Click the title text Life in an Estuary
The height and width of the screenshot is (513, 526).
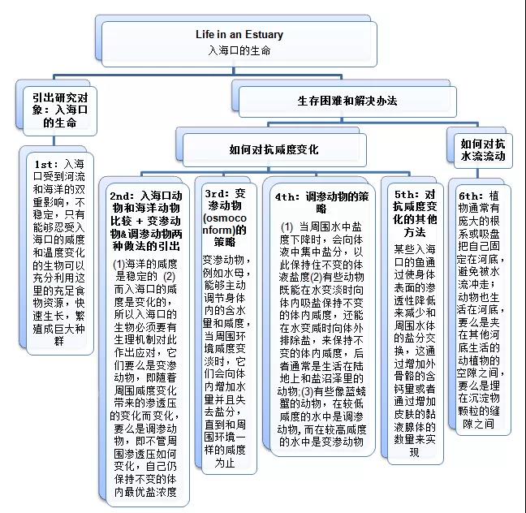pos(239,34)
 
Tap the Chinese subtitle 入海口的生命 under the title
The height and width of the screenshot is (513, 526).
pos(239,50)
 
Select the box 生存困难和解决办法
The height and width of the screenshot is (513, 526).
pos(347,101)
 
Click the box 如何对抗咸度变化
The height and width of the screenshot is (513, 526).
pos(274,149)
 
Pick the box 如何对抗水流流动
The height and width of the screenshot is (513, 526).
pos(483,150)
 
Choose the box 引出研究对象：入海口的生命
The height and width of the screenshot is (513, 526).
pos(60,110)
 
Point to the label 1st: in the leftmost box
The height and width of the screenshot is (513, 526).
pos(46,165)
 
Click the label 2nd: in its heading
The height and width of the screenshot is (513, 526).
pos(122,196)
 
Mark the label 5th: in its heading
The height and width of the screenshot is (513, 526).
pos(406,195)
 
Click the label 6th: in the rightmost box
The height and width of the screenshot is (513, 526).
pos(471,196)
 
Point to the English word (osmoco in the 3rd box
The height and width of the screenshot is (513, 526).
pos(225,218)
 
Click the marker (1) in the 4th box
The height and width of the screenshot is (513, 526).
pos(287,227)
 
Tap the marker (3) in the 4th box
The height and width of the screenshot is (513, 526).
pos(307,391)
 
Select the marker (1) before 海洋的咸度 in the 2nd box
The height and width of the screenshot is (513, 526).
pos(119,265)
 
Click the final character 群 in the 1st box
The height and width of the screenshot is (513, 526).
pos(59,342)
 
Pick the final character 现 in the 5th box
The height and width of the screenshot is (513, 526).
pos(415,453)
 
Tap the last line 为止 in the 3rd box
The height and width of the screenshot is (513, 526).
pos(225,463)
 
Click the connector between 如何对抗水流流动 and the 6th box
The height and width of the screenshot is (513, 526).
pos(477,174)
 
